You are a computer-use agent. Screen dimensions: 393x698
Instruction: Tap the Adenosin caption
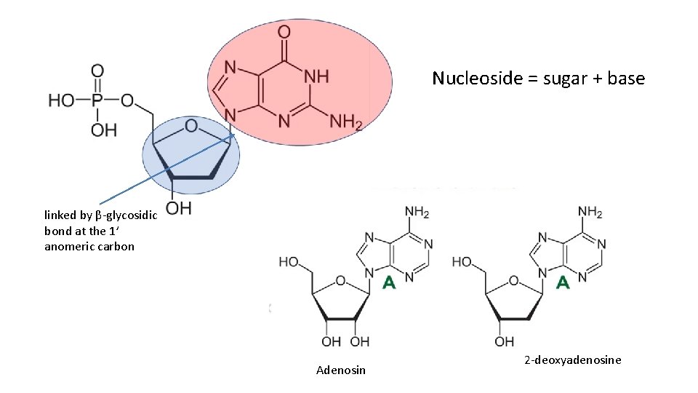(x=341, y=370)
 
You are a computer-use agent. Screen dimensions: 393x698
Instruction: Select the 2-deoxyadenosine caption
(x=572, y=360)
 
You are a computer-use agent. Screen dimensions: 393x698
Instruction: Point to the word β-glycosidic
(x=124, y=215)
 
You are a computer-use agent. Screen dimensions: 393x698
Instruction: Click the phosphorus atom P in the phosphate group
(x=97, y=100)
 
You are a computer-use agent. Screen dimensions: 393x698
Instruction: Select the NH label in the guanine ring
(x=316, y=76)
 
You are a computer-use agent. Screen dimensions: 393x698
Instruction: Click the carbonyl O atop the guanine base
(x=284, y=32)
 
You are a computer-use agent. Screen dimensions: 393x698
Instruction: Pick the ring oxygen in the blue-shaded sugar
(x=190, y=127)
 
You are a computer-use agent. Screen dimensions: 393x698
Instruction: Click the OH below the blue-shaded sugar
(x=178, y=209)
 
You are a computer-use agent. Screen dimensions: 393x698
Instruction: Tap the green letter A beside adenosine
(x=389, y=282)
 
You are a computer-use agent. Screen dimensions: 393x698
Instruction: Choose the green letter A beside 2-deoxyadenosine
(x=562, y=282)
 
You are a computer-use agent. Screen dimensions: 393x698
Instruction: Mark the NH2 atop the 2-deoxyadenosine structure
(x=589, y=213)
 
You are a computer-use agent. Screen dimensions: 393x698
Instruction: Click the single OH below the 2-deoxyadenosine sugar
(x=504, y=341)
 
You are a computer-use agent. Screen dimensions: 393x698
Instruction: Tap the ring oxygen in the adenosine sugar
(x=339, y=279)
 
